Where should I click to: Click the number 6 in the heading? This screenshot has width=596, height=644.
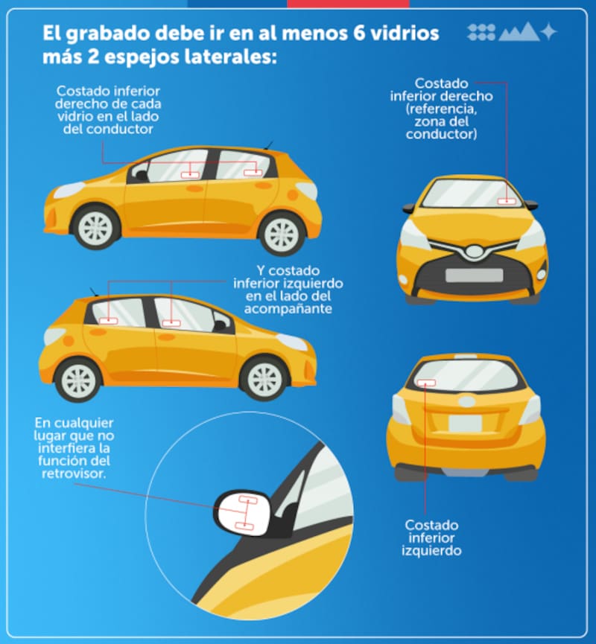(x=359, y=34)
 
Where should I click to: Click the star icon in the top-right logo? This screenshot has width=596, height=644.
(x=549, y=31)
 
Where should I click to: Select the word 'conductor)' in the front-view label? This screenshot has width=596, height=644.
(x=442, y=134)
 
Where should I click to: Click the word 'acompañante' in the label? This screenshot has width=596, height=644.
(x=288, y=308)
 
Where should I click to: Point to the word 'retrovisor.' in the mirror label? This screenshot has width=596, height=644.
(x=74, y=474)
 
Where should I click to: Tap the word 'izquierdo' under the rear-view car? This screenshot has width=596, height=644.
(x=431, y=550)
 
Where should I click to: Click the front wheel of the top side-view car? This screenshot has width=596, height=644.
(x=95, y=228)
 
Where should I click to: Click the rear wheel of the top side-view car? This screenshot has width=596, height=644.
(x=282, y=234)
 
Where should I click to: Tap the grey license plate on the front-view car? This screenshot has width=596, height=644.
(x=475, y=275)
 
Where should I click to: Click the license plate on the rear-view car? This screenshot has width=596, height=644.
(x=465, y=424)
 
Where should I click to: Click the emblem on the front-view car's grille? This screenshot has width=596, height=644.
(x=475, y=251)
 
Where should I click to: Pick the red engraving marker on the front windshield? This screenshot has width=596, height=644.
(x=507, y=201)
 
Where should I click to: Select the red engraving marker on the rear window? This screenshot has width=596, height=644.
(x=426, y=383)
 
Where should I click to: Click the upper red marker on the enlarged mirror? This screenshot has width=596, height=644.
(x=248, y=500)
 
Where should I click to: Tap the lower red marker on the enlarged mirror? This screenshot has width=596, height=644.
(x=244, y=526)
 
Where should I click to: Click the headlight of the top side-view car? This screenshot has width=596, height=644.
(x=69, y=190)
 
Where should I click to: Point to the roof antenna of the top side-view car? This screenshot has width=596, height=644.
(x=268, y=145)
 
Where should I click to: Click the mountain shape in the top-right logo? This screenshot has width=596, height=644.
(x=519, y=32)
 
